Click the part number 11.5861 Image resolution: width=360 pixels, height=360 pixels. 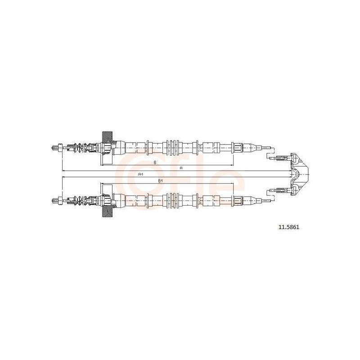click(289, 227)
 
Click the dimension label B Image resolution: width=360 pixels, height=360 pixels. click(155, 162)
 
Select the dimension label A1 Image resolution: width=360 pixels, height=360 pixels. click(141, 175)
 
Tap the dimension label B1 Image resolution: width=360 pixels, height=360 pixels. click(161, 181)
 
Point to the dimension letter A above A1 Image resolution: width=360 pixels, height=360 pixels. click(181, 168)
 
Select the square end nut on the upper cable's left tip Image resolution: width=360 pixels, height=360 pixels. click(60, 148)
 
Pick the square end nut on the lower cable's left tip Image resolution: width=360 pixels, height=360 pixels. click(60, 200)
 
